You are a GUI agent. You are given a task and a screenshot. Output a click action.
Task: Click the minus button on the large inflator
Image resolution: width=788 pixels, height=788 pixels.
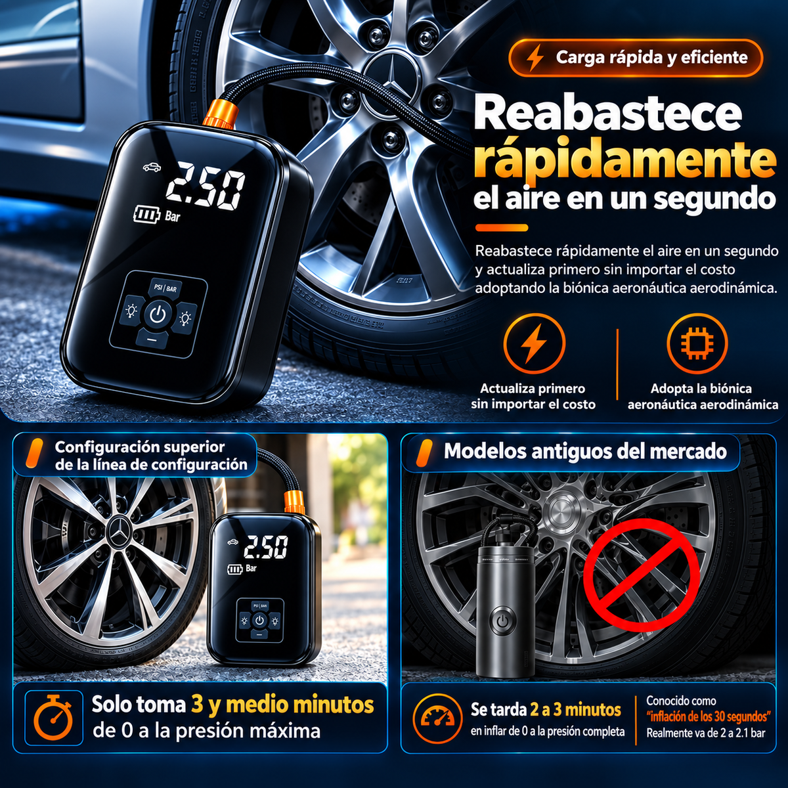click(x=152, y=339)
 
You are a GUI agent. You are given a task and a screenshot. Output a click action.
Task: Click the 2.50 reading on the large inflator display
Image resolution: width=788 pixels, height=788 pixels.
click(x=205, y=184)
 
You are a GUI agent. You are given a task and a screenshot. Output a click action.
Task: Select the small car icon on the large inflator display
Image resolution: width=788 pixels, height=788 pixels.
click(x=152, y=167)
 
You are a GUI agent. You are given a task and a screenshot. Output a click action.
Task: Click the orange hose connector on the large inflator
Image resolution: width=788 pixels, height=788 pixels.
click(x=221, y=110)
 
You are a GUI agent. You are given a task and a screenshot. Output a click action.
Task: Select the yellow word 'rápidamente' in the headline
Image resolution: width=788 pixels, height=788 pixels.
click(x=624, y=159)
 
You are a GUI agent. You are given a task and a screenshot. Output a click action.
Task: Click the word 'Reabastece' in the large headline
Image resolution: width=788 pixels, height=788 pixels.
click(x=607, y=114)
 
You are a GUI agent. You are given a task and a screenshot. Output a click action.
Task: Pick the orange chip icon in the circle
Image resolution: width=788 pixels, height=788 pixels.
click(x=697, y=343)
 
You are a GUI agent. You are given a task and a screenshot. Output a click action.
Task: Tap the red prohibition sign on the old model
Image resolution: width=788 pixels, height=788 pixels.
click(x=641, y=583)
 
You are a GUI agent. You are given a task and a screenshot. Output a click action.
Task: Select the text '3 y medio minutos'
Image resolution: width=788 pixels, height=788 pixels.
click(x=282, y=705)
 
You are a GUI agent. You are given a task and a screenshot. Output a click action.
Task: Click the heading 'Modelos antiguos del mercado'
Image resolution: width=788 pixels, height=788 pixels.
click(x=585, y=451)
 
